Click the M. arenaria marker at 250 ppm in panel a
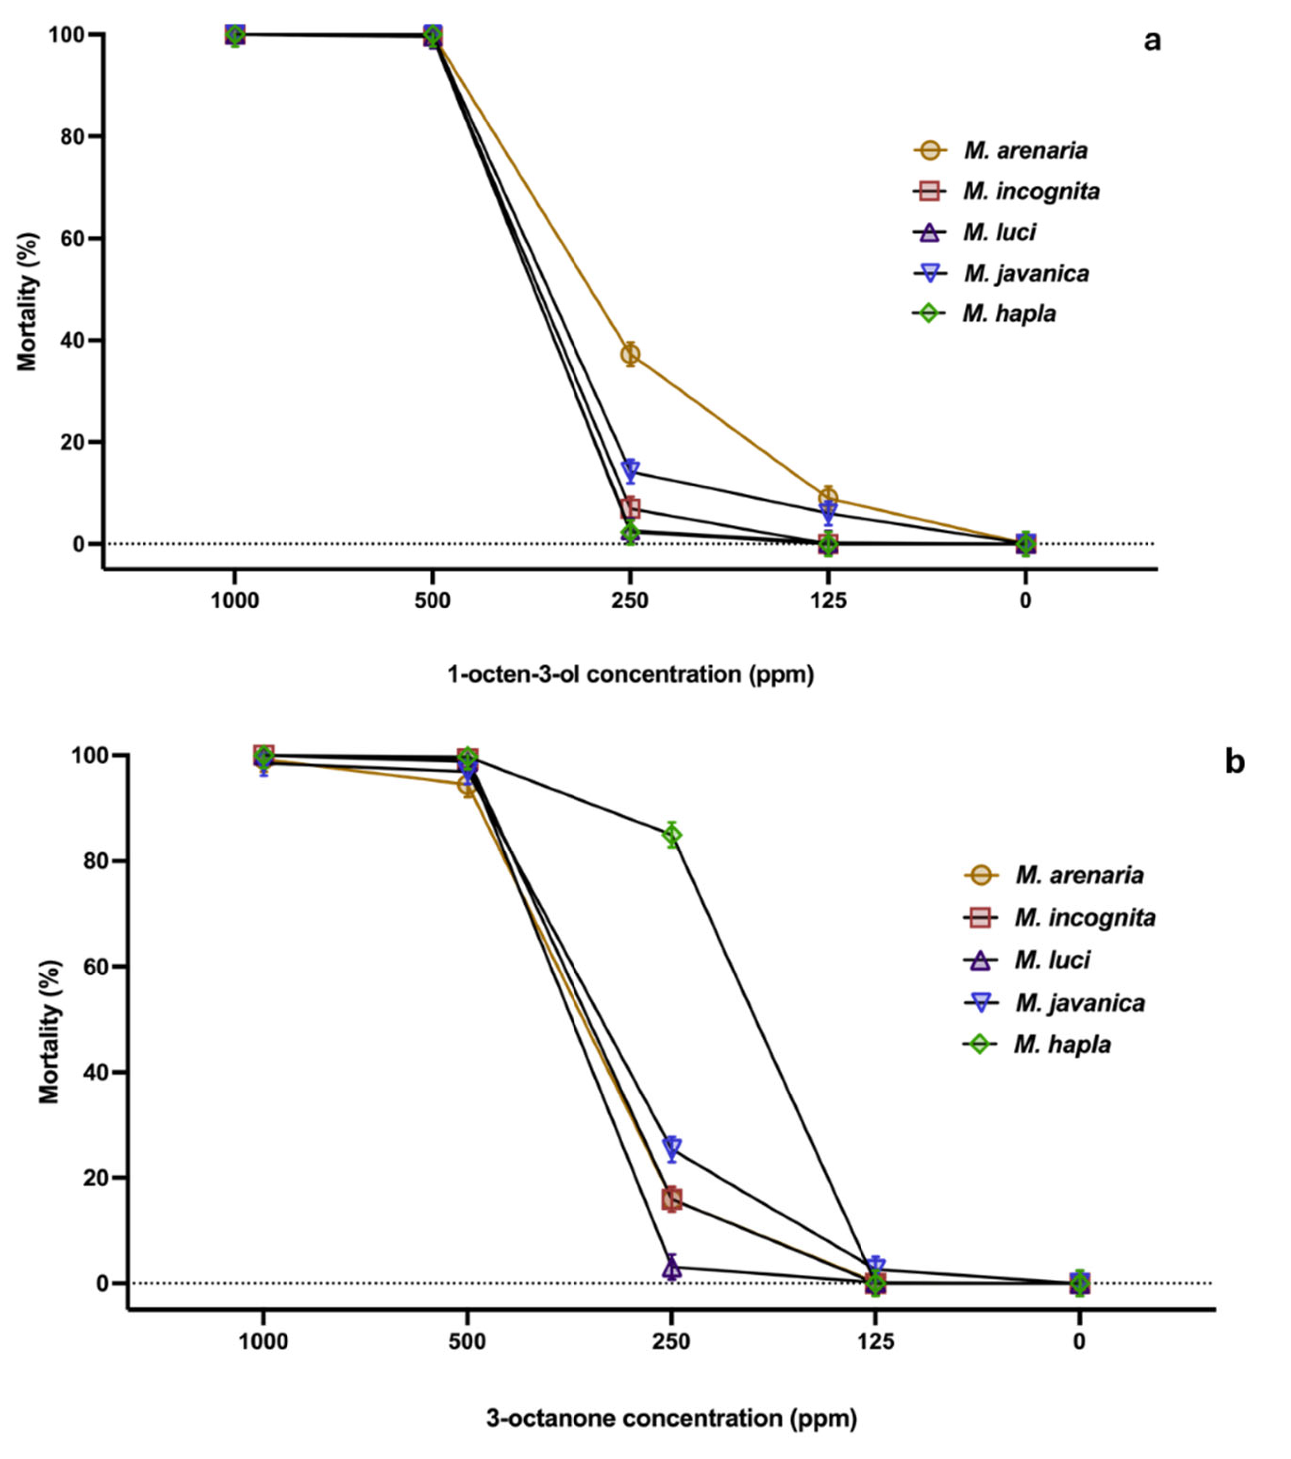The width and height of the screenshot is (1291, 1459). point(630,354)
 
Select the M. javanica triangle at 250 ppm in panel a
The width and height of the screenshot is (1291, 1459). point(630,470)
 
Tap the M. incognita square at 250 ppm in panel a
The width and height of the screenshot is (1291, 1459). point(630,508)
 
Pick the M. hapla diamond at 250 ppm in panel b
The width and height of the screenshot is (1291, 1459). point(671,835)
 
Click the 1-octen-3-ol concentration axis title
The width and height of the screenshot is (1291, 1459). point(630,674)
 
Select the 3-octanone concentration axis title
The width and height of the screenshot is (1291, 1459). point(671,1418)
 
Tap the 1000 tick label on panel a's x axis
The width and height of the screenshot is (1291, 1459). point(235,601)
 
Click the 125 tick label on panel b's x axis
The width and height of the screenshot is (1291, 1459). point(875,1342)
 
